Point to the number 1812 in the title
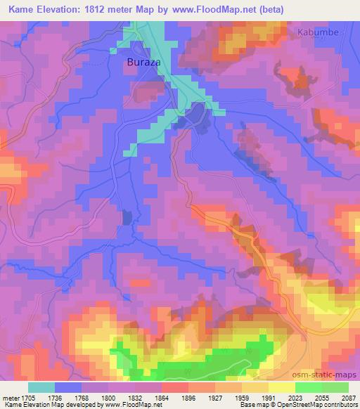(x=114, y=10)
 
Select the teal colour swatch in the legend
(x=41, y=387)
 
